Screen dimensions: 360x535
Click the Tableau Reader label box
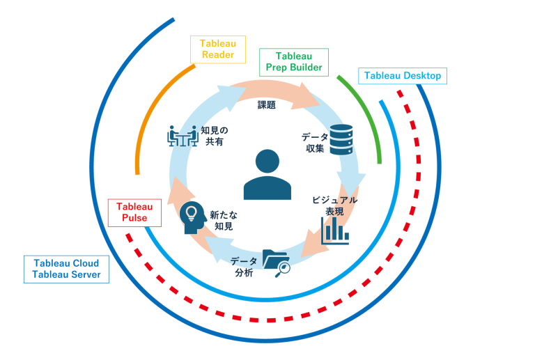218,49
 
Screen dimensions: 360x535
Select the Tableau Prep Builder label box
294,62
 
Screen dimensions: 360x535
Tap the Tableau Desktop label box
403,76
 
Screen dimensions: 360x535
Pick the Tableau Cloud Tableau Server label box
66,269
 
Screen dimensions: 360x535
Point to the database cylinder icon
341,139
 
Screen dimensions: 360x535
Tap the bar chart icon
335,230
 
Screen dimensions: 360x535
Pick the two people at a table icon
183,136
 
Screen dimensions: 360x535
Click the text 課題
267,105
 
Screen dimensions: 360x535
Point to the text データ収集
314,142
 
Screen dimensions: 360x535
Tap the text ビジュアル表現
334,205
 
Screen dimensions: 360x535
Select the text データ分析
244,266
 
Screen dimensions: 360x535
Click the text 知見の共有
214,135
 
